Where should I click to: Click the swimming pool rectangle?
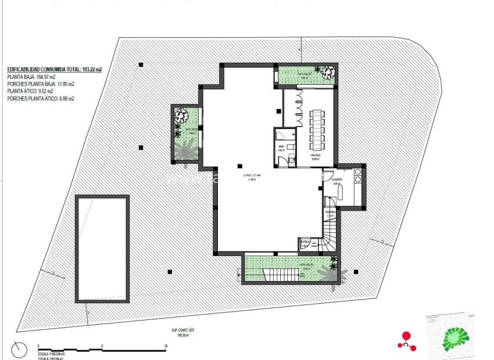coord(102,249)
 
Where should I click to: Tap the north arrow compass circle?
coord(19,350)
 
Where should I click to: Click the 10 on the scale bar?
coord(166,345)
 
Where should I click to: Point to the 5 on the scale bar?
coord(102,345)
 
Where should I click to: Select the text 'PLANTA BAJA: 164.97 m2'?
coord(31,77)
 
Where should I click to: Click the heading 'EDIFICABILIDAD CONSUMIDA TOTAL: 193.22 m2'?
coord(55,69)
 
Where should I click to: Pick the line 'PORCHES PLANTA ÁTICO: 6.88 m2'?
coord(41,99)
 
